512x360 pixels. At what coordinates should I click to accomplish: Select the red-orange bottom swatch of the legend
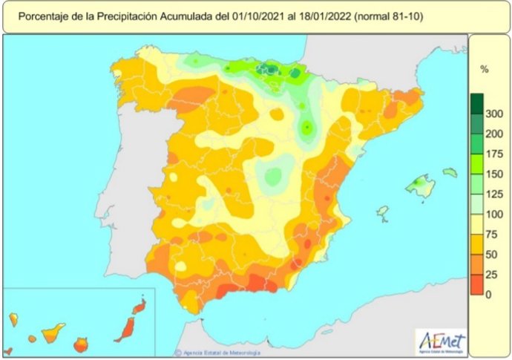tap(476, 285)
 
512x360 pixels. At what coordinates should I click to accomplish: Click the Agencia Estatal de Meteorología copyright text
tap(214, 352)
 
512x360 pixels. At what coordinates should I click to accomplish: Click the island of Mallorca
tap(421, 186)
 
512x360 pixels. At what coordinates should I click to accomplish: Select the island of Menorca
tap(450, 172)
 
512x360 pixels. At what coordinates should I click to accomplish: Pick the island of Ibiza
tap(383, 212)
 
